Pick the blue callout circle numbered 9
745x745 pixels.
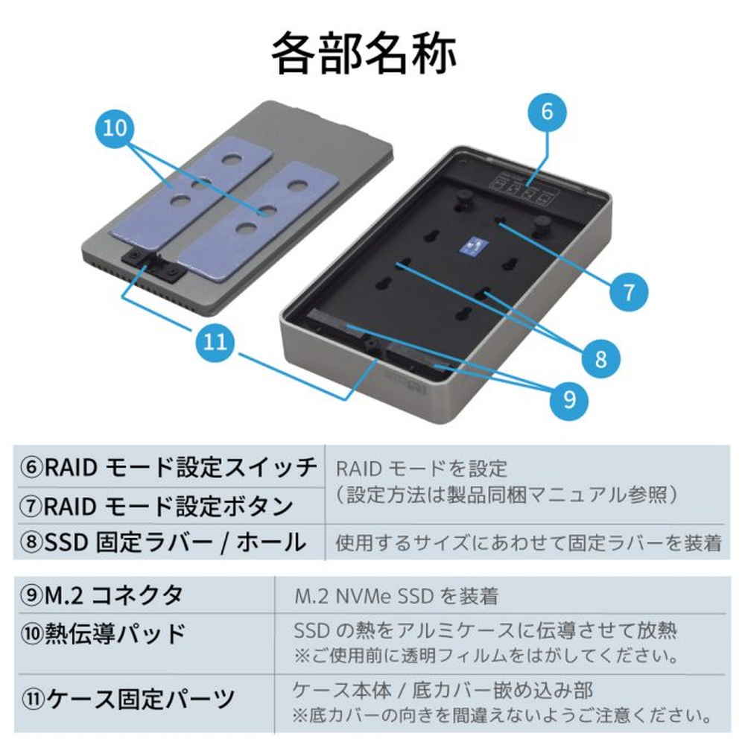coord(569,400)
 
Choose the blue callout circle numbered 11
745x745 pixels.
coord(215,344)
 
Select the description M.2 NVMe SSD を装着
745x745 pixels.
coord(396,596)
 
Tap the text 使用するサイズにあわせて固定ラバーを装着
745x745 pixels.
coord(528,543)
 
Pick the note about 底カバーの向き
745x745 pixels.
coord(500,717)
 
